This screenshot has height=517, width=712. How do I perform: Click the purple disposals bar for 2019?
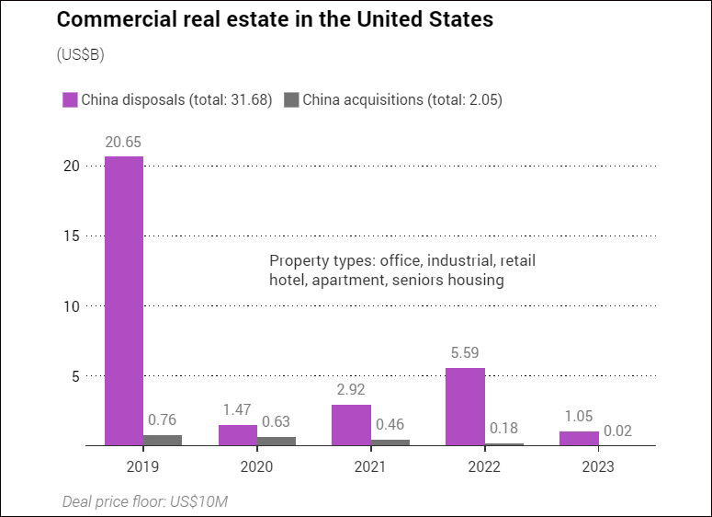point(124,301)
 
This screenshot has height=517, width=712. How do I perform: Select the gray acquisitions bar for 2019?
point(163,440)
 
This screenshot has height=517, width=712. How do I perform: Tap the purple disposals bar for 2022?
point(466,407)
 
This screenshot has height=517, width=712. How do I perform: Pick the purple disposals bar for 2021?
point(352,425)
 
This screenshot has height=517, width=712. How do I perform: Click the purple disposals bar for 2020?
point(238,435)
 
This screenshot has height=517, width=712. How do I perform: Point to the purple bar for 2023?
point(579,438)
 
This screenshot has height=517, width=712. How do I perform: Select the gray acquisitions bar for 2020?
point(277,441)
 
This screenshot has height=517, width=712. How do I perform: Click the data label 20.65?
point(124,143)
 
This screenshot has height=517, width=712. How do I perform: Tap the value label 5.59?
point(466,352)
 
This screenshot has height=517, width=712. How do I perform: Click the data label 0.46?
point(390,424)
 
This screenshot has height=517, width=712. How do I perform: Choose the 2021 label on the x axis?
point(370,466)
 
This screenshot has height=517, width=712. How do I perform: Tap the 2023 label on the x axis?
point(598,466)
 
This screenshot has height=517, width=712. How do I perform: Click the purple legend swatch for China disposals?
point(69,100)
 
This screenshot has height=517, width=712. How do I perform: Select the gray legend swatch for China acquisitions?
point(291,100)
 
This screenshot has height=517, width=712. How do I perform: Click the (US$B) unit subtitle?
point(80,55)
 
